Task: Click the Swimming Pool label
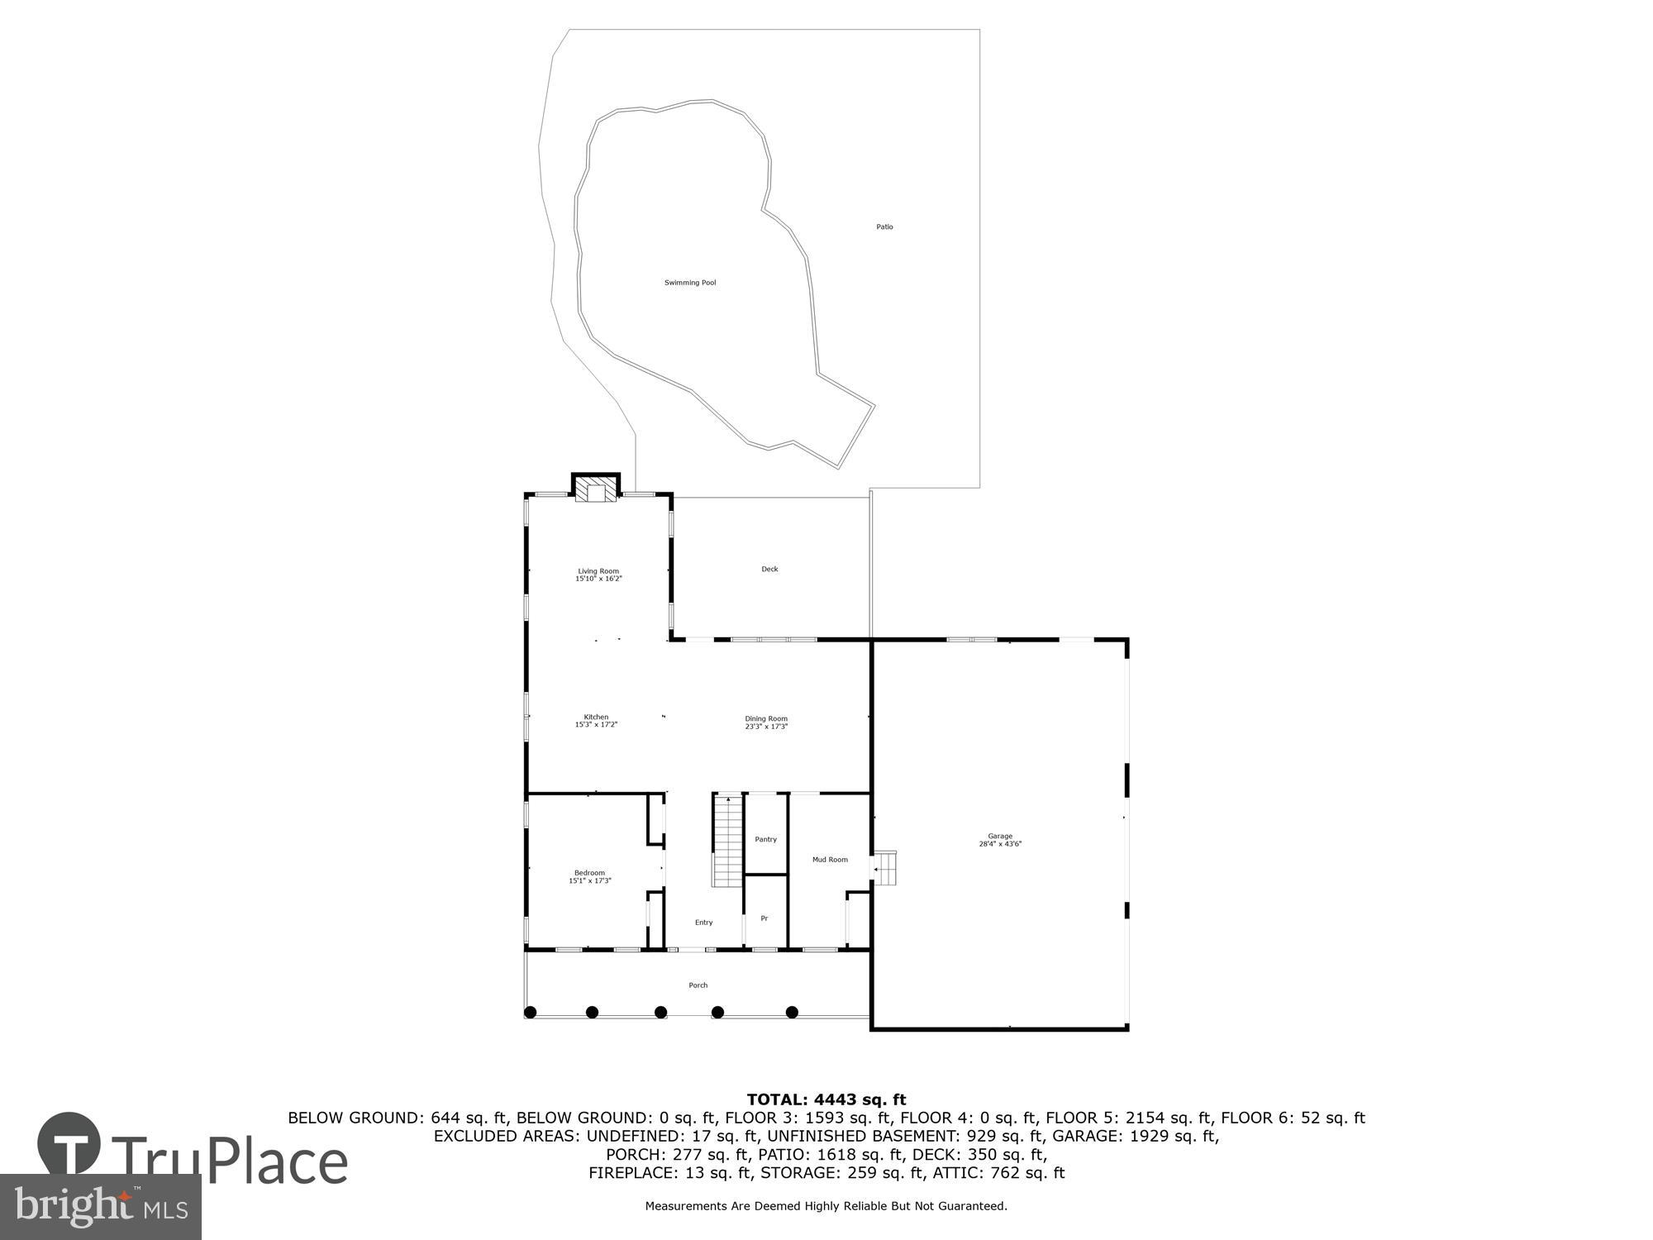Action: (x=690, y=283)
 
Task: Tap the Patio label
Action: (x=884, y=227)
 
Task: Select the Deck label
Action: (x=769, y=569)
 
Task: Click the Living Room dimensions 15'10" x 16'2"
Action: (x=598, y=579)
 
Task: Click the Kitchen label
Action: (x=596, y=717)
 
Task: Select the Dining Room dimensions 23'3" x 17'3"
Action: (x=766, y=727)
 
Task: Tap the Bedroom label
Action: (x=589, y=873)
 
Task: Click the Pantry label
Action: (x=765, y=839)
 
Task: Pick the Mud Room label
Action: (x=830, y=860)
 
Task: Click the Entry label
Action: (x=703, y=923)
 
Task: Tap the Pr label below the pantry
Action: (x=765, y=918)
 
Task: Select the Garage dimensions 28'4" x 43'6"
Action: (x=1000, y=844)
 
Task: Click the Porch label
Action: (x=698, y=985)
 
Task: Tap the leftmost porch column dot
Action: (x=531, y=1012)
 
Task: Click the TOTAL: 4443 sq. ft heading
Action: (x=826, y=1099)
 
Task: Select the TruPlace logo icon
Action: (x=69, y=1145)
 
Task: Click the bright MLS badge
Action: (x=100, y=1208)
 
